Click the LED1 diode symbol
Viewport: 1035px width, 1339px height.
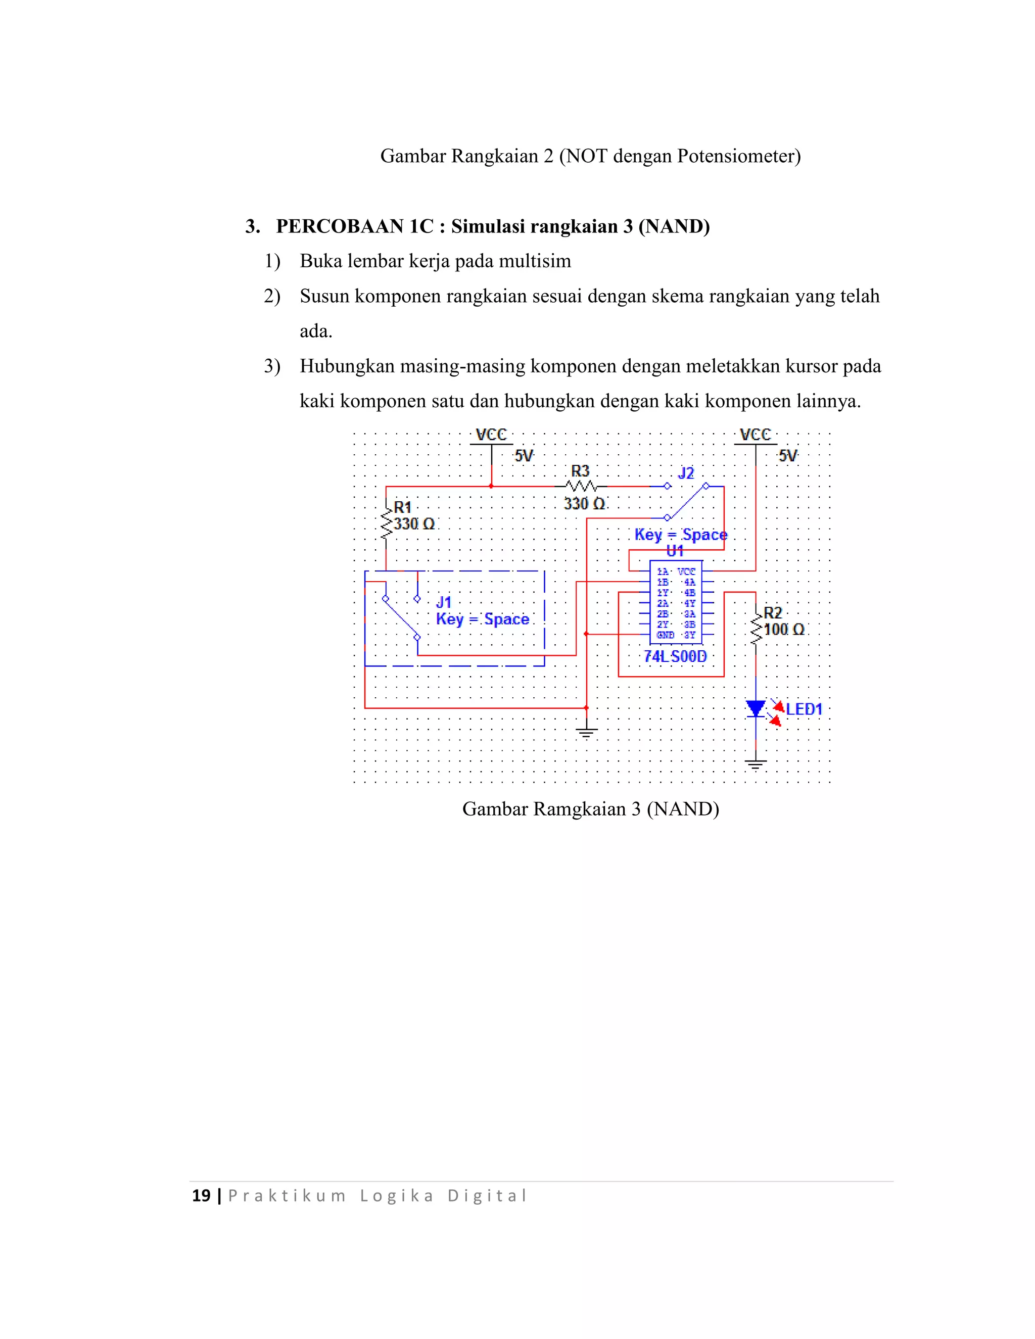pyautogui.click(x=756, y=709)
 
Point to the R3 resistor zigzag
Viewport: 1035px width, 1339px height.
pyautogui.click(x=581, y=486)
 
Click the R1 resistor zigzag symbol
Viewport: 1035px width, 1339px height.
pyautogui.click(x=386, y=523)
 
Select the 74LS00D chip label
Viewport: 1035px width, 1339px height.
pyautogui.click(x=675, y=657)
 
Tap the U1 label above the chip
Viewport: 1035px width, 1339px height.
pyautogui.click(x=675, y=551)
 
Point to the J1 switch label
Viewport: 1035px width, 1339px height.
pyautogui.click(x=443, y=602)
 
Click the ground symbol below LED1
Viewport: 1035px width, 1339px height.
pyautogui.click(x=756, y=764)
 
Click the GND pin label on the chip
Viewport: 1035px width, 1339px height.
pyautogui.click(x=665, y=635)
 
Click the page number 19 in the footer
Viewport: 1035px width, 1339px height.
pyautogui.click(x=201, y=1195)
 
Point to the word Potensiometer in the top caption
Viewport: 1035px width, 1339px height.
pyautogui.click(x=738, y=156)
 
